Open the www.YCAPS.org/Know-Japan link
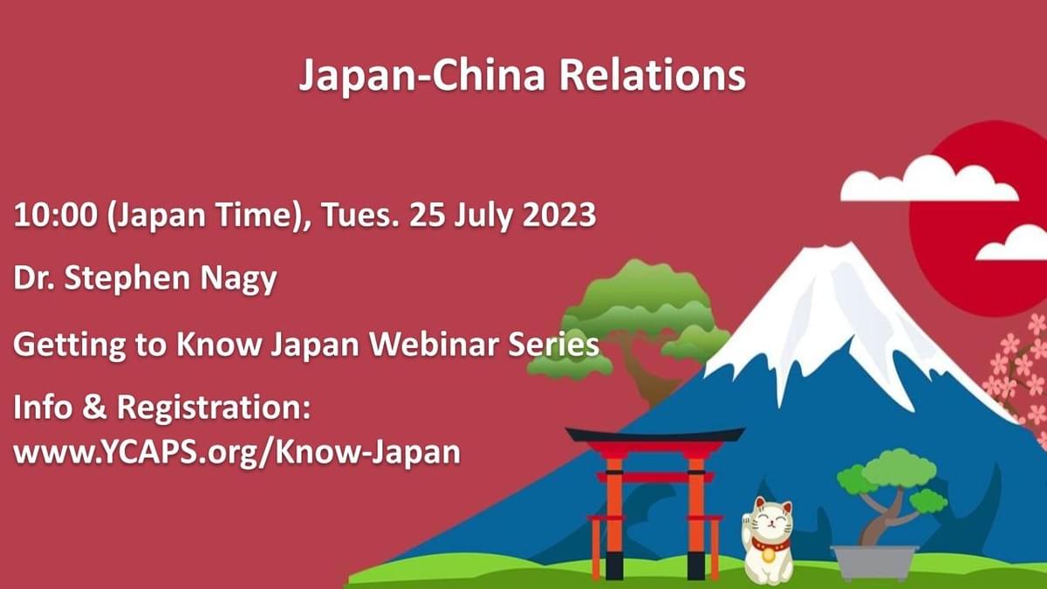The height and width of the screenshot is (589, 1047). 236,452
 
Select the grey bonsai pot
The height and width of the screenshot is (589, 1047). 874,563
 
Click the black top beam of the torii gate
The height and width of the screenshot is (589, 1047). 654,435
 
